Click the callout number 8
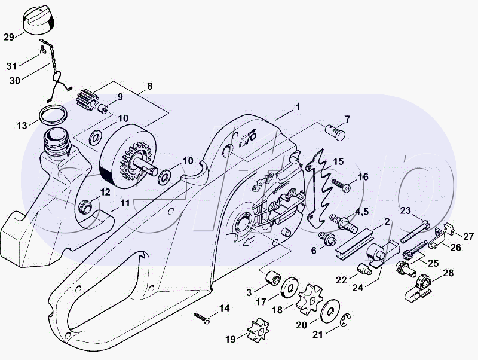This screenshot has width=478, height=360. (149, 86)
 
